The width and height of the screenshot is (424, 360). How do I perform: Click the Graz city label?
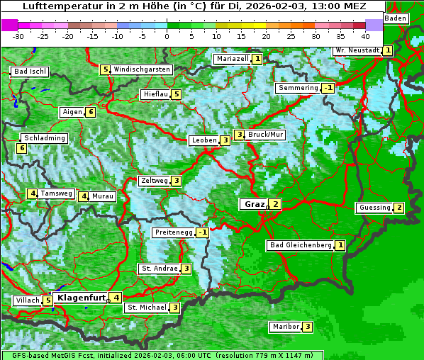[253, 204]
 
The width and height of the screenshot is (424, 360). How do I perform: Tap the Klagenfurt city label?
[81, 298]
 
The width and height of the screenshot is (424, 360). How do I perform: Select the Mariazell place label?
[232, 59]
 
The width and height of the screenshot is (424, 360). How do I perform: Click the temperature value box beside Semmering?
[328, 88]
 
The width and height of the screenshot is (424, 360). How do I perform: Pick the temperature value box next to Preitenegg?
[203, 232]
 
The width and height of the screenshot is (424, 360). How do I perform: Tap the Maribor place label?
[284, 327]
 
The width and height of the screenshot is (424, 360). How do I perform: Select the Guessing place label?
[374, 208]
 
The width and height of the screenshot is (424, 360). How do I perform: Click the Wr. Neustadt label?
[357, 50]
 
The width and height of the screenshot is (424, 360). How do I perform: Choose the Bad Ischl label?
[30, 72]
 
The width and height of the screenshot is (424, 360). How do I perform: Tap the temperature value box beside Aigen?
[91, 112]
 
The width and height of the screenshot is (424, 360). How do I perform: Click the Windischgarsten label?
[142, 69]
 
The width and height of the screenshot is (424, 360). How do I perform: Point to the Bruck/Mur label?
[265, 135]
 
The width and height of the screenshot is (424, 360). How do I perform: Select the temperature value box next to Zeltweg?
[176, 181]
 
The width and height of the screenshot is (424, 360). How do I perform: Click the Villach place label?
[27, 300]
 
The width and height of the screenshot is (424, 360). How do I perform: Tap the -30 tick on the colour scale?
[18, 35]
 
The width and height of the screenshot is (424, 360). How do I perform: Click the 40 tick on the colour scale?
[365, 35]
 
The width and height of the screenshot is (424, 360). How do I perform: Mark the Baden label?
[396, 18]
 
